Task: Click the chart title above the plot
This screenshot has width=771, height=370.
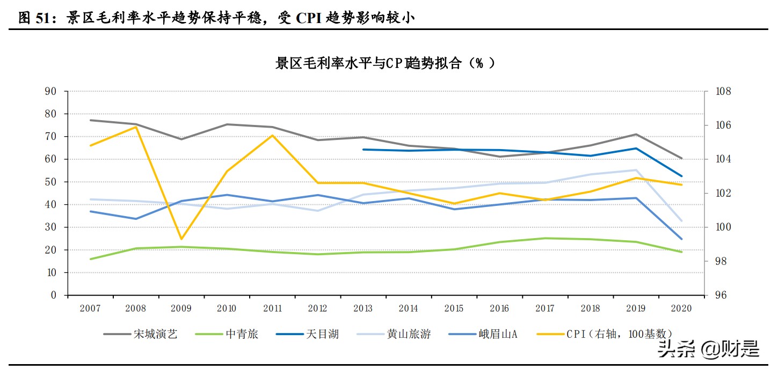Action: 385,63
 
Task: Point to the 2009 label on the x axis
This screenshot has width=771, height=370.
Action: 181,308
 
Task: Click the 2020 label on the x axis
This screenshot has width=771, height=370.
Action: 681,308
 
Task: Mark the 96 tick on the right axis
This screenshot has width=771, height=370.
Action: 720,295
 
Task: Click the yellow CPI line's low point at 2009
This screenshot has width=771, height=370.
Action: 181,239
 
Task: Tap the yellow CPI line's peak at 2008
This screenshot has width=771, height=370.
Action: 135,127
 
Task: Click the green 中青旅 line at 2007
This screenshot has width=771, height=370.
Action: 90,259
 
